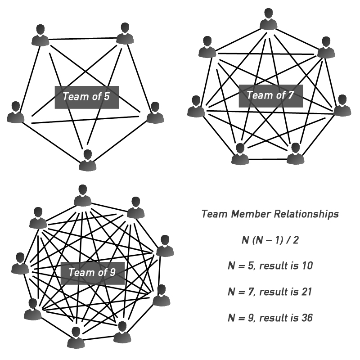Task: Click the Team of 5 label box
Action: click(x=86, y=97)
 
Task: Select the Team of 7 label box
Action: click(x=268, y=95)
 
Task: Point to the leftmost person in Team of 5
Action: click(x=16, y=112)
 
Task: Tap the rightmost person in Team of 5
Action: click(x=155, y=112)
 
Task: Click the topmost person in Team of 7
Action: click(x=269, y=20)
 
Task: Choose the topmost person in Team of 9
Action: click(x=82, y=196)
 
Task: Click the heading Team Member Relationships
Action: click(x=270, y=214)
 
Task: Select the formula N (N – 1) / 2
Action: click(x=270, y=240)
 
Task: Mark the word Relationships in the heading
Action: click(x=306, y=214)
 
